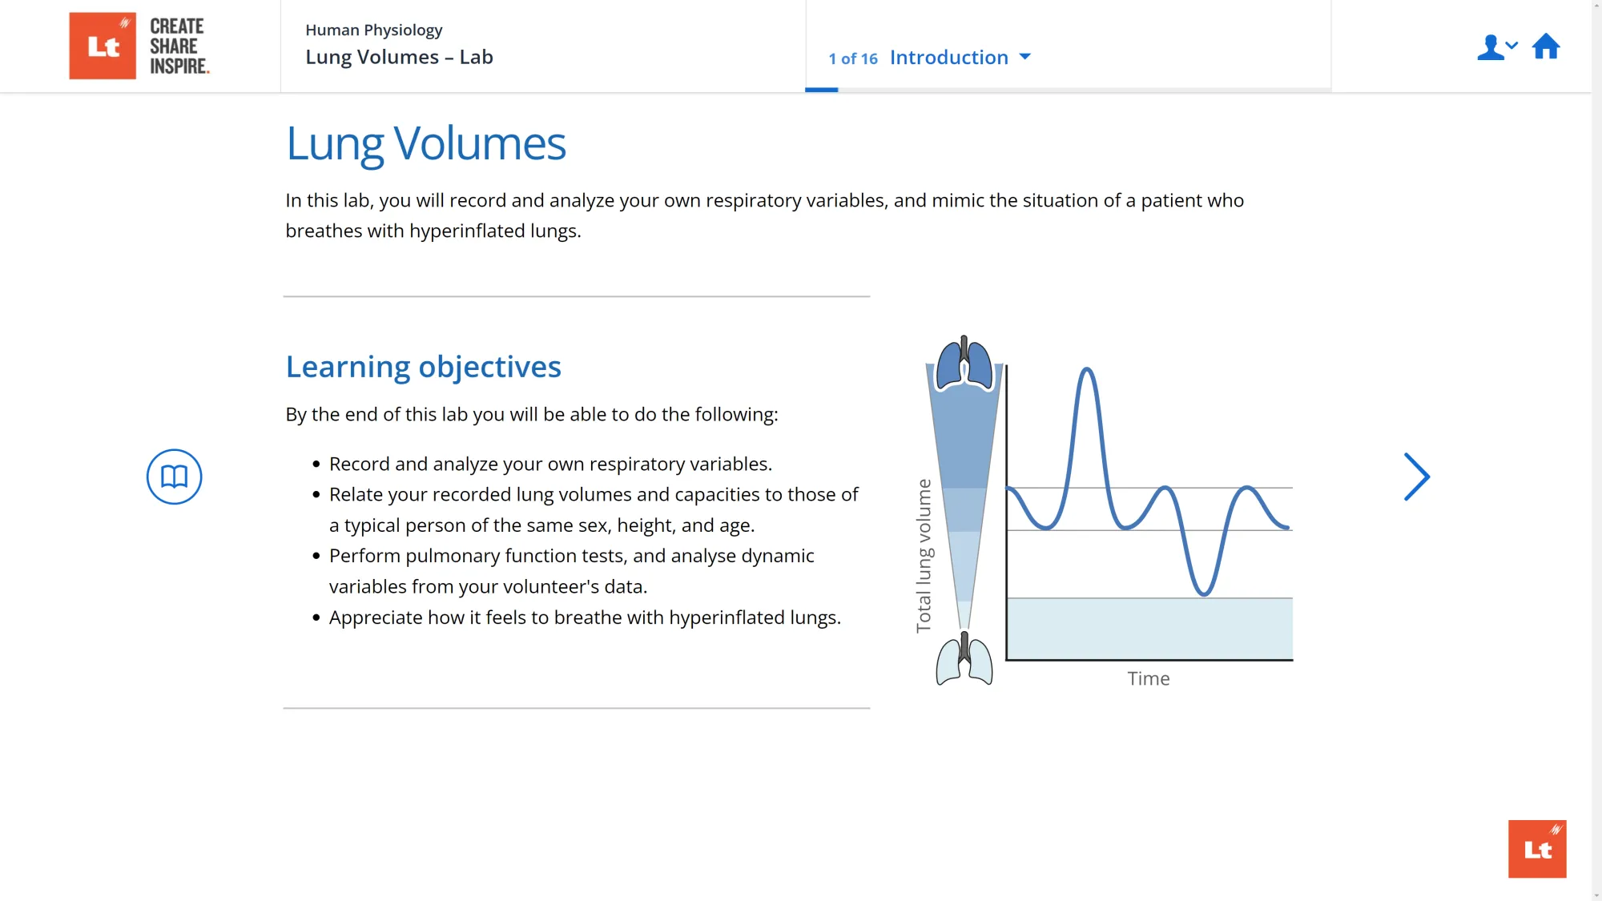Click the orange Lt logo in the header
(x=103, y=46)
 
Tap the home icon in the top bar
(x=1545, y=46)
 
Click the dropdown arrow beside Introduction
(x=1024, y=57)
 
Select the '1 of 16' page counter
(x=852, y=58)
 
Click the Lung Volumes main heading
(x=425, y=144)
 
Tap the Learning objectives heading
(x=423, y=367)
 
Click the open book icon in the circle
(x=174, y=477)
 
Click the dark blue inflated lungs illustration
(x=964, y=364)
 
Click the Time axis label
(x=1148, y=678)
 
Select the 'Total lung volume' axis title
(x=924, y=555)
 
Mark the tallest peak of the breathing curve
(x=1087, y=370)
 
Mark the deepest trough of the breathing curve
(x=1203, y=593)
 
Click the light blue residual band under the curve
(x=1149, y=629)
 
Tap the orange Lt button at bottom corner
(x=1536, y=848)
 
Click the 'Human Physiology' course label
(x=373, y=30)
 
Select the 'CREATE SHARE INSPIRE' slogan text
(x=179, y=46)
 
